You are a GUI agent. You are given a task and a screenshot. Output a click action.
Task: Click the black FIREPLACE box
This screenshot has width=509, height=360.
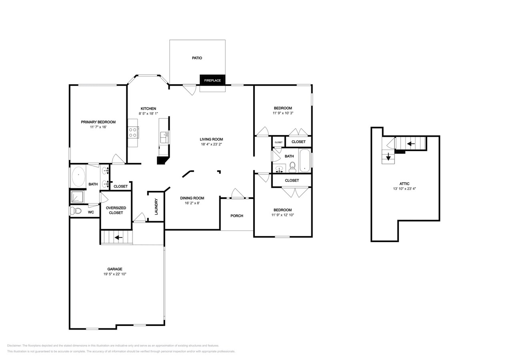[x=212, y=80]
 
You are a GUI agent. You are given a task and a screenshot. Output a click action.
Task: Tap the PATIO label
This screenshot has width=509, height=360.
[x=197, y=58]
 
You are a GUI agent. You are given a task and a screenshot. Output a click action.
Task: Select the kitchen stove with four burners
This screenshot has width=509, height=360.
[x=133, y=132]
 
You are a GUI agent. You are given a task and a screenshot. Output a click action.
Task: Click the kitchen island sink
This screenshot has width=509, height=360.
[x=164, y=137]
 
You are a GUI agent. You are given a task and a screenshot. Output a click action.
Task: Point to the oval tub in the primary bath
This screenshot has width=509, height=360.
[x=78, y=176]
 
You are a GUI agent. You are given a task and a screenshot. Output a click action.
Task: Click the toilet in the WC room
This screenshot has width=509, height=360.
[x=76, y=211]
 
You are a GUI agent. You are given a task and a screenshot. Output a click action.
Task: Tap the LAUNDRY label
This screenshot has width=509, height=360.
[x=156, y=206]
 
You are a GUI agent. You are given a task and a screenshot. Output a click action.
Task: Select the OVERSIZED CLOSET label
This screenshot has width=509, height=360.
[x=116, y=210]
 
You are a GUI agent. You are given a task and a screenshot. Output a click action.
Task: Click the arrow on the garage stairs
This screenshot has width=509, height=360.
[x=118, y=238]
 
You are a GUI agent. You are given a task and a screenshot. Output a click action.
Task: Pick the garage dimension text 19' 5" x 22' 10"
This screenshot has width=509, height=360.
[x=115, y=274]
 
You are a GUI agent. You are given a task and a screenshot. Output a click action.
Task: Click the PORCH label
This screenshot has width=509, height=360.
[x=237, y=216]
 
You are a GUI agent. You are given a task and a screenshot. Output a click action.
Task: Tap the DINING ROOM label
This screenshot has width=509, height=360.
[x=192, y=198]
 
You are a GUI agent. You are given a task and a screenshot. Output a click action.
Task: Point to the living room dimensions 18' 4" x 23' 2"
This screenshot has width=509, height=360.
[x=211, y=144]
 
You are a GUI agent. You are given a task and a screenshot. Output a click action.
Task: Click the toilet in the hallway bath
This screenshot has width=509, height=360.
[x=293, y=167]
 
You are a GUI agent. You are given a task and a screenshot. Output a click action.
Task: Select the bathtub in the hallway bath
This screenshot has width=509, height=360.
[x=305, y=161]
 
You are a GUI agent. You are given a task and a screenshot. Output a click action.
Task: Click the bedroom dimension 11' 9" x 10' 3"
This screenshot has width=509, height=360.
[x=283, y=113]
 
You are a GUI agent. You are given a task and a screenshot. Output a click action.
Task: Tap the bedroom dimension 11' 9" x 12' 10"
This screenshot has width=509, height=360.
[x=283, y=215]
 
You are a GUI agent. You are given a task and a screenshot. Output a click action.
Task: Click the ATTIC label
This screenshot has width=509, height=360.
[x=404, y=184]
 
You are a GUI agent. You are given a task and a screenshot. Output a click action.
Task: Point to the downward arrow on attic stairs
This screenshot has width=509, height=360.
[x=388, y=156]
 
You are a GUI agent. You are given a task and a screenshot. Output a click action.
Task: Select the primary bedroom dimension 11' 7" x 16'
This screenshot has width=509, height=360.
[x=98, y=127]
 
